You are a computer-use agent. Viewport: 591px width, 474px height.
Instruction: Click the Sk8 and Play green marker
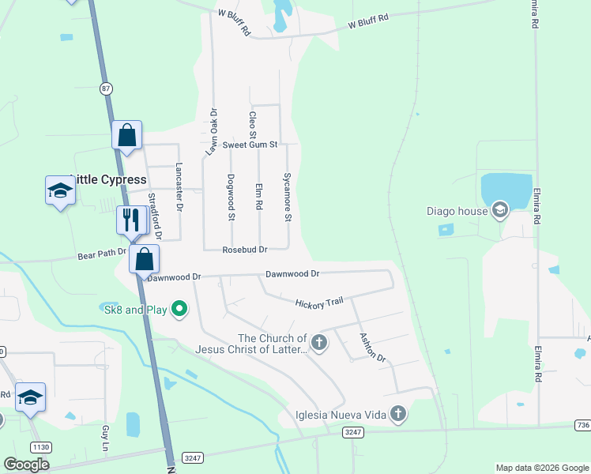[x=179, y=309]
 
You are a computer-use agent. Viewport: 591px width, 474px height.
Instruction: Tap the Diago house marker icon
[x=499, y=210]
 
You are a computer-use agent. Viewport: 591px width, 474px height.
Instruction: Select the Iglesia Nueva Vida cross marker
[x=398, y=413]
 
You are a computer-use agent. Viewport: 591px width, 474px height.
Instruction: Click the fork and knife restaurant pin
[x=131, y=219]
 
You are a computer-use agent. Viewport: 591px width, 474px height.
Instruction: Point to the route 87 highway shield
[x=106, y=88]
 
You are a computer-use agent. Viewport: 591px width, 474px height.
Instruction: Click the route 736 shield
[x=583, y=425]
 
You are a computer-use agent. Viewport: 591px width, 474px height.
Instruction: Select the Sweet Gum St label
[x=250, y=145]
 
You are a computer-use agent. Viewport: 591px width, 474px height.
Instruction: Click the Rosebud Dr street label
[x=244, y=249]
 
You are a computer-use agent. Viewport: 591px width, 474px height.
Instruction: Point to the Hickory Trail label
[x=319, y=303]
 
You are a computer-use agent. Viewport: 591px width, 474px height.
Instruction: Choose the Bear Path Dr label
[x=102, y=254]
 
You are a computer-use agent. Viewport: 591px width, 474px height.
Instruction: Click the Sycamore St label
[x=288, y=197]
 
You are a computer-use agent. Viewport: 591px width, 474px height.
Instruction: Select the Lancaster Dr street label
[x=179, y=187]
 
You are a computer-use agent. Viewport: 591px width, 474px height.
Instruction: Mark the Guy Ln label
[x=105, y=438]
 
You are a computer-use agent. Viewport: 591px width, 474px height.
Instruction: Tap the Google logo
[x=27, y=465]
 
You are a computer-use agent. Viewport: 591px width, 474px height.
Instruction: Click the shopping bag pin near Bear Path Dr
[x=145, y=258]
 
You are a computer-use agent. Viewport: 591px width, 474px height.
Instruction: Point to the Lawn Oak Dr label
[x=213, y=130]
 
